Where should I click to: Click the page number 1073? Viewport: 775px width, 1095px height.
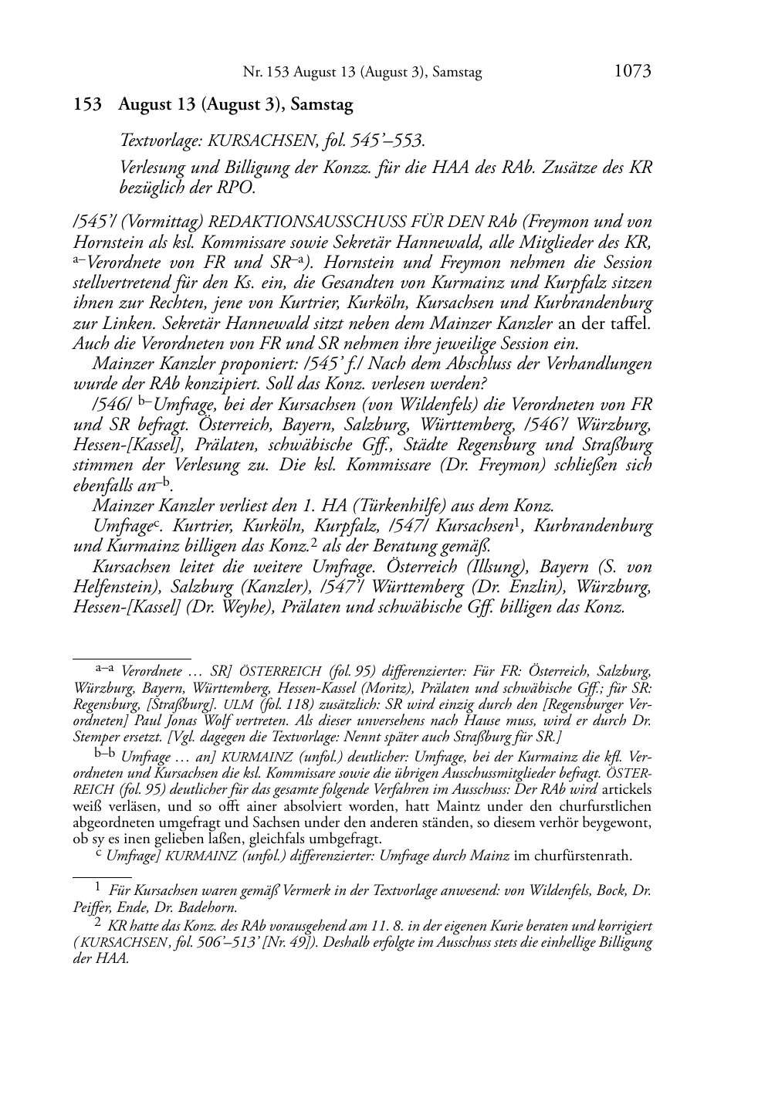click(632, 72)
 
